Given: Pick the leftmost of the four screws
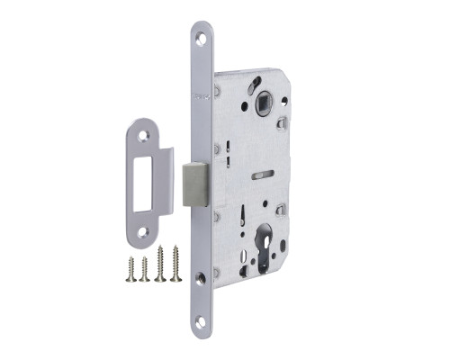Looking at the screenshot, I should tap(131, 267).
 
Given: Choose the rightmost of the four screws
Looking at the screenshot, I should tap(175, 265).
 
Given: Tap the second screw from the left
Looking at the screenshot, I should tap(144, 269).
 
